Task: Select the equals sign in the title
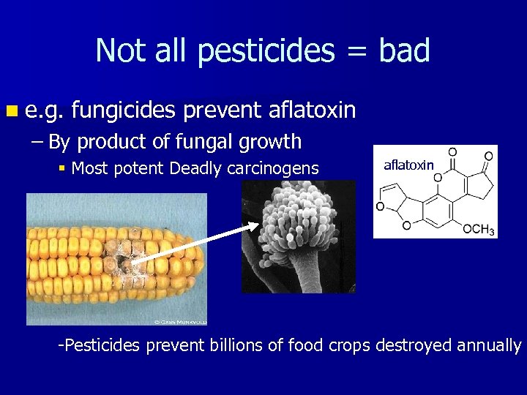pyautogui.click(x=354, y=51)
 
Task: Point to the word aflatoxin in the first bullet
pyautogui.click(x=312, y=110)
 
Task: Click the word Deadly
pyautogui.click(x=191, y=169)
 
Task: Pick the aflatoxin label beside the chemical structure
pyautogui.click(x=408, y=165)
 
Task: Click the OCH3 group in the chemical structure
pyautogui.click(x=479, y=229)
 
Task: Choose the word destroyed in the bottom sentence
pyautogui.click(x=409, y=345)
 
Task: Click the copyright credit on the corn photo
pyautogui.click(x=180, y=320)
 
